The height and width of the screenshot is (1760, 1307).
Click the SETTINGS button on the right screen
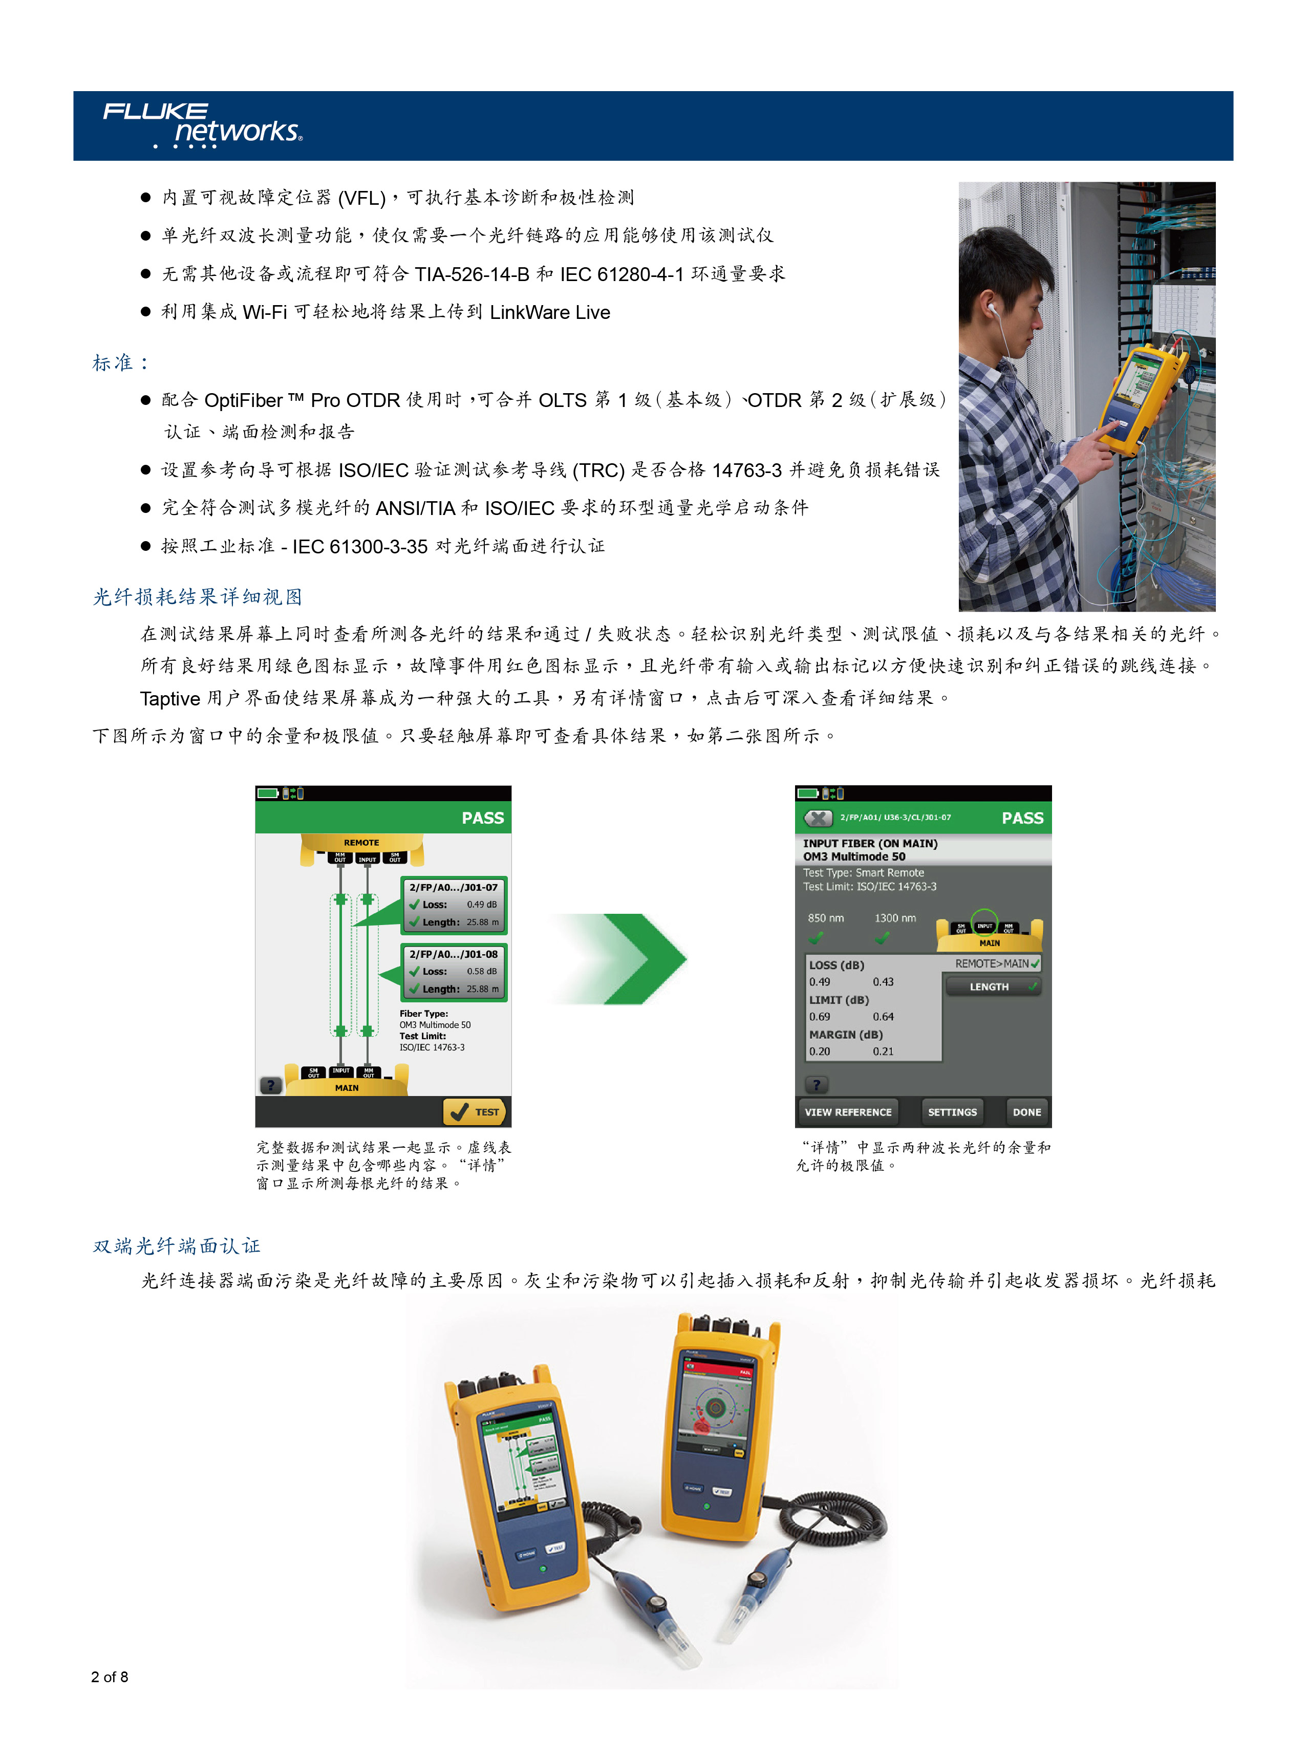point(952,1111)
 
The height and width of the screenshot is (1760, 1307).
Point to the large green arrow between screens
point(633,959)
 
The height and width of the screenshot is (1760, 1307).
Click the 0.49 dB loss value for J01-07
point(481,904)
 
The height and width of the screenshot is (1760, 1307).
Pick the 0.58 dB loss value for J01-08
point(481,971)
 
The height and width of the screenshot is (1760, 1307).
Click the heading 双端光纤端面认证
point(177,1246)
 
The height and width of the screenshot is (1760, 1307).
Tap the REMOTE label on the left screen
point(361,843)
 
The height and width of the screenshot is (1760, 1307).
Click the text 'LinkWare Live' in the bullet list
point(550,312)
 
